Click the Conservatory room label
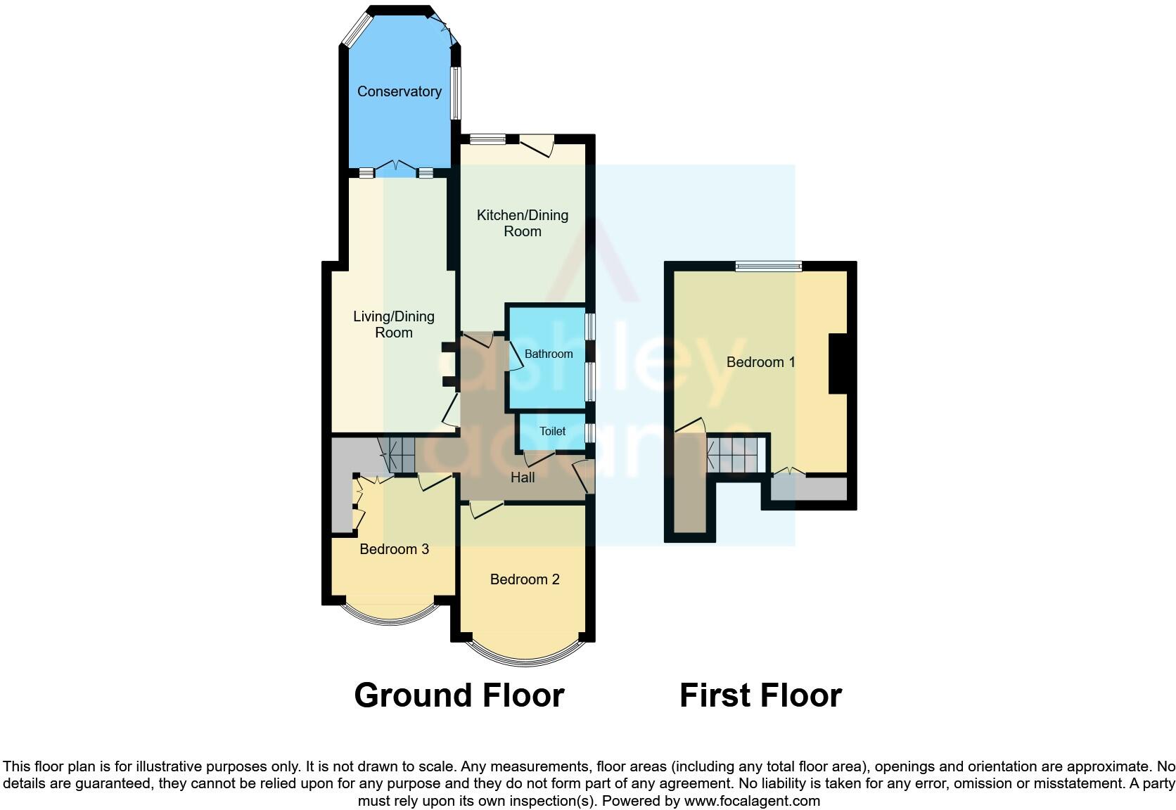pyautogui.click(x=399, y=91)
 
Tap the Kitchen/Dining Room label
pyautogui.click(x=523, y=223)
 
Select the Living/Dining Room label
pyautogui.click(x=393, y=324)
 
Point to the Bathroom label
pyautogui.click(x=549, y=354)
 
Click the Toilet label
pyautogui.click(x=552, y=431)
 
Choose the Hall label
pyautogui.click(x=523, y=477)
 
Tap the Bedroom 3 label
pyautogui.click(x=394, y=549)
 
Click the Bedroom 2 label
pyautogui.click(x=525, y=579)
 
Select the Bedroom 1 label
pyautogui.click(x=760, y=362)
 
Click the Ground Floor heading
pyautogui.click(x=459, y=695)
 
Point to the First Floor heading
pyautogui.click(x=760, y=695)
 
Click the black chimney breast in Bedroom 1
pyautogui.click(x=838, y=364)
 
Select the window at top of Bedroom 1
pyautogui.click(x=769, y=266)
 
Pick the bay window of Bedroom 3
pyautogui.click(x=389, y=617)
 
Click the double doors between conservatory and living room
pyautogui.click(x=395, y=169)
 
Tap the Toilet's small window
pyautogui.click(x=589, y=432)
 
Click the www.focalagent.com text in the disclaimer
pyautogui.click(x=752, y=801)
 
